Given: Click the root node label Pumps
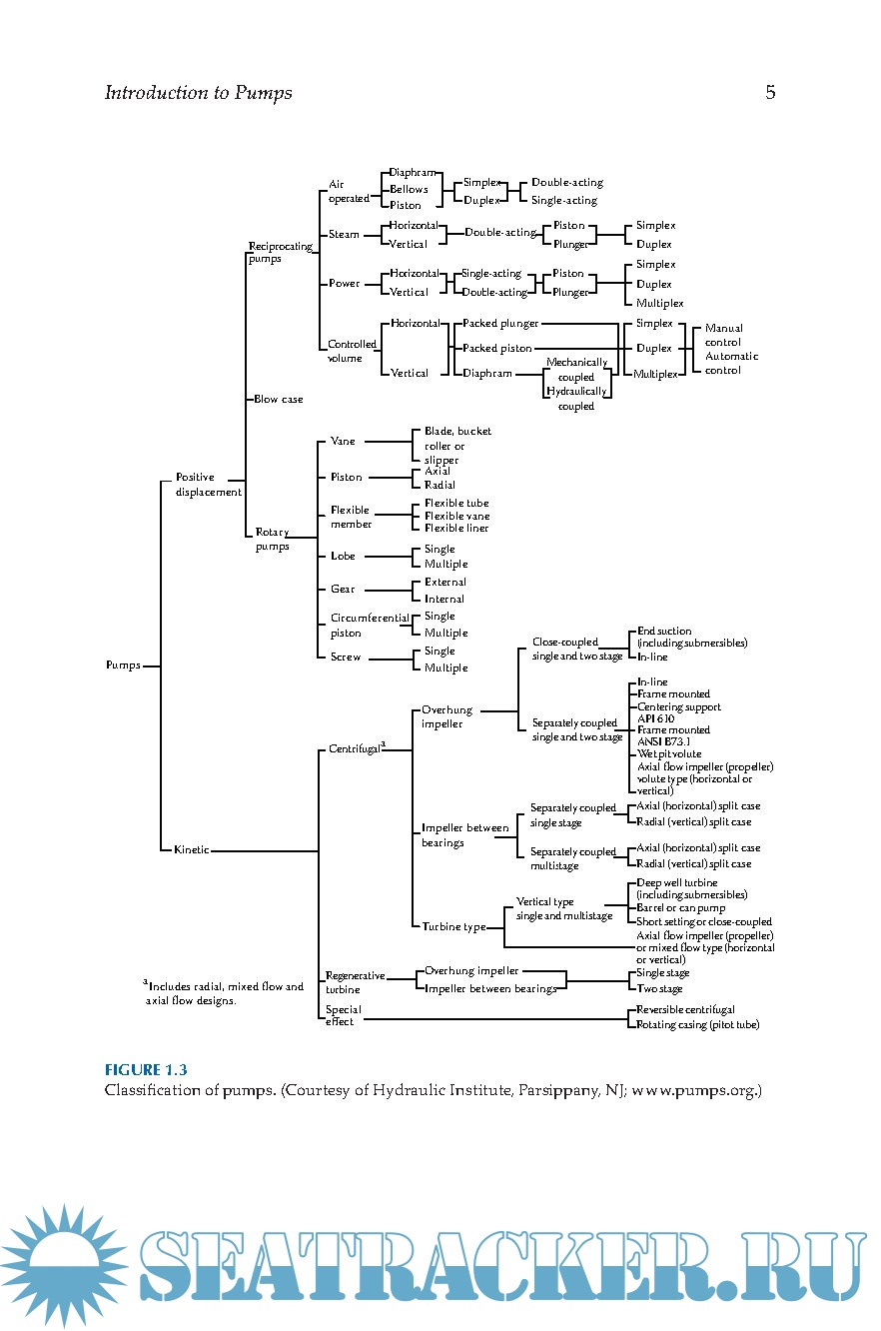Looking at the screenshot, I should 123,665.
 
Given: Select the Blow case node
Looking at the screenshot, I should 279,399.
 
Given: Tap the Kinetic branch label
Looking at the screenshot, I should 192,850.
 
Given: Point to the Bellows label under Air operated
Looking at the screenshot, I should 409,189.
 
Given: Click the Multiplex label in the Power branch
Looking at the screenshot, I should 660,303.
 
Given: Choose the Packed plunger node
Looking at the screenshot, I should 500,324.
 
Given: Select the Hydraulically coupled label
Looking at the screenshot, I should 576,400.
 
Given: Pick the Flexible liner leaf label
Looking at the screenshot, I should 456,529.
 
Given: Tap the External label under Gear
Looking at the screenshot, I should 445,582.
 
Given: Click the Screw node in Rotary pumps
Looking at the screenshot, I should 346,658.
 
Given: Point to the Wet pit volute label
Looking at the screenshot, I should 669,754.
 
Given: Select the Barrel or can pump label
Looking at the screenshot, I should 681,908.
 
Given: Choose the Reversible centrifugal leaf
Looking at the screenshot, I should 685,1010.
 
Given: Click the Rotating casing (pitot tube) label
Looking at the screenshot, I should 697,1025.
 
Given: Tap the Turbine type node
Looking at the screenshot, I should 453,927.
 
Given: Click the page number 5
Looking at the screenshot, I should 770,93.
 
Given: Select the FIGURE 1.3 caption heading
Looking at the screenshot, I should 146,1070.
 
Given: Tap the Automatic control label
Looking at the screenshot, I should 731,363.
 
